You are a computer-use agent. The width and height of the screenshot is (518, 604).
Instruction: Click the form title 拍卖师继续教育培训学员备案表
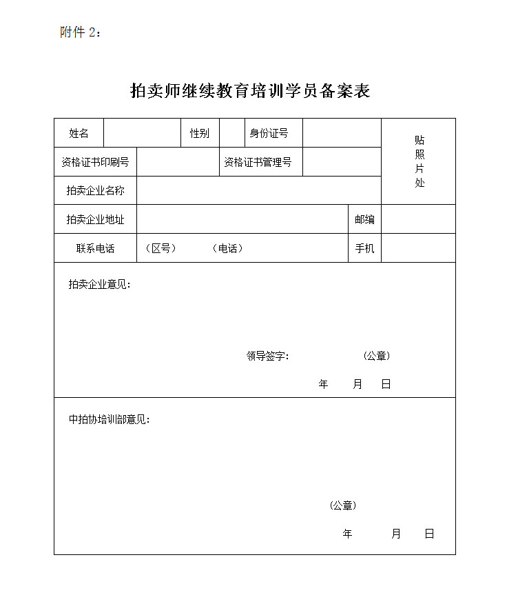pos(250,90)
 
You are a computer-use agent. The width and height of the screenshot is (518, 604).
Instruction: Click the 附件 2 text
pos(81,32)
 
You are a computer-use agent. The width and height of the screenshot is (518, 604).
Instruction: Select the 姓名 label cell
pos(79,133)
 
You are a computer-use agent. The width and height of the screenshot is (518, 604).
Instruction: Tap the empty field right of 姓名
pos(141,133)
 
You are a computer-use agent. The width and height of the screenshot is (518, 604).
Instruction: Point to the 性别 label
pos(200,133)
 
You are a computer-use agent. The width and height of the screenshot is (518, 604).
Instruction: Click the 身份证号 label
pos(269,133)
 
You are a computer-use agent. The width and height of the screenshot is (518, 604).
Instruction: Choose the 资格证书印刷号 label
pos(95,162)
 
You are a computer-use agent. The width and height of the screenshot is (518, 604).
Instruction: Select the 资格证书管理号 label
pos(258,162)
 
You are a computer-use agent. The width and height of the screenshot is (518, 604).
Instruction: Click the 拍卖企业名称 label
pos(95,190)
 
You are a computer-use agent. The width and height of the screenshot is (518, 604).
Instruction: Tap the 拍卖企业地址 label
pos(95,219)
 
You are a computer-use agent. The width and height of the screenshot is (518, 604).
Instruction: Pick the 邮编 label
pos(364,219)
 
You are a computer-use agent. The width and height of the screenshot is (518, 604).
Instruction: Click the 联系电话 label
pos(95,248)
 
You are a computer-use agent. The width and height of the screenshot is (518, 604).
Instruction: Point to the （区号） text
pos(160,248)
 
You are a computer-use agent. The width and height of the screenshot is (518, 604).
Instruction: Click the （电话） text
pos(227,248)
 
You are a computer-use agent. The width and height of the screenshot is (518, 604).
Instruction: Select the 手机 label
pos(364,248)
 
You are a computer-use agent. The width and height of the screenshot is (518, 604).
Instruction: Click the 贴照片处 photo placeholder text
pos(419,161)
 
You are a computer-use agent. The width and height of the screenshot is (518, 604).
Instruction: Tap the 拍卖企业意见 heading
pos(99,284)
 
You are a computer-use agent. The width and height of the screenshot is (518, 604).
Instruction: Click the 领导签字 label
pos(267,356)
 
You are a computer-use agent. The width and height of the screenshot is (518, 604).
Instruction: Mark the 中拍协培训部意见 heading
pos(109,419)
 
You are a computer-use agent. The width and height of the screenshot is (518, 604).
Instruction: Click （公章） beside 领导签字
pos(376,356)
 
